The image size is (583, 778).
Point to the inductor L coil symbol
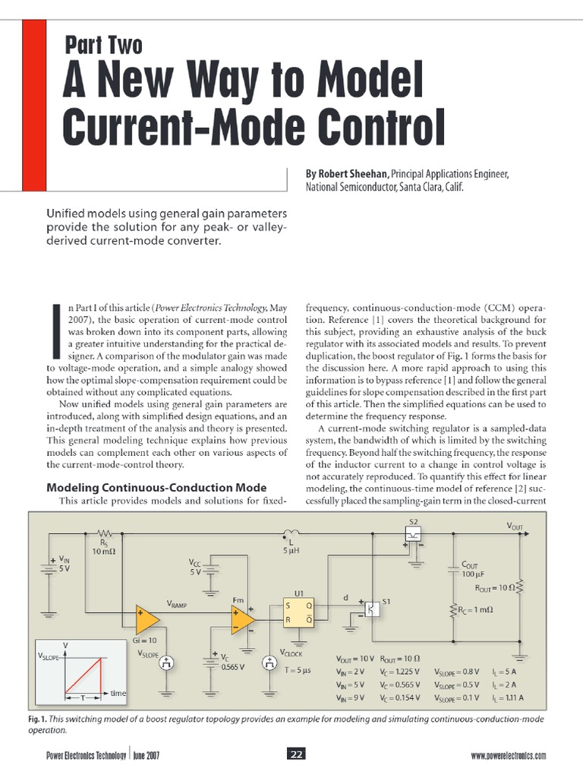[291, 532]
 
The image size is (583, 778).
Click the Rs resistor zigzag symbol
[103, 533]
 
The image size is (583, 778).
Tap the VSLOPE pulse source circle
[166, 663]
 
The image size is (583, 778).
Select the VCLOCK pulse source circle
[269, 663]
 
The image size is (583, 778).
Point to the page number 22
[296, 754]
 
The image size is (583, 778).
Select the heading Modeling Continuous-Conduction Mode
[156, 487]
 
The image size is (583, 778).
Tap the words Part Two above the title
[104, 46]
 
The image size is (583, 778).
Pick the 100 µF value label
[474, 574]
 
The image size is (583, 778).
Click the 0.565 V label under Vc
[232, 669]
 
